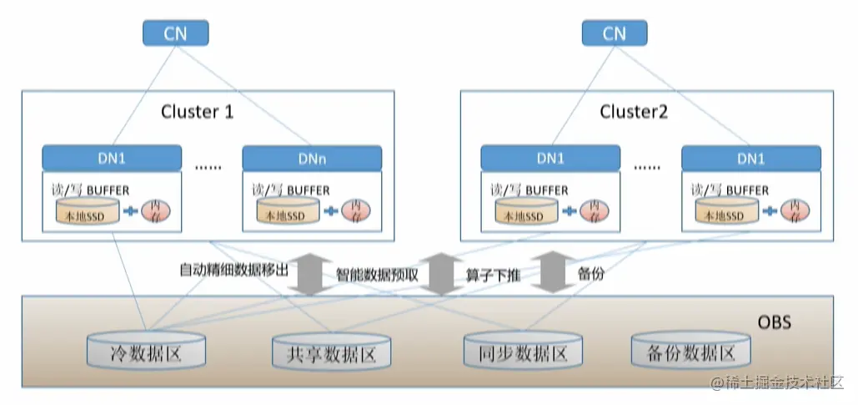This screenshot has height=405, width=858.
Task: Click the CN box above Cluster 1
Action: coord(174,33)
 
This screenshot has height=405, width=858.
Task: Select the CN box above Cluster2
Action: coord(614,33)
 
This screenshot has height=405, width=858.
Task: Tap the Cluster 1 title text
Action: coord(197,111)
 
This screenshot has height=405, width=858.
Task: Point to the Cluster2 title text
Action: coord(634,111)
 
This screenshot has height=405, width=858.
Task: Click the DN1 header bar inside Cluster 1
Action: coord(112,157)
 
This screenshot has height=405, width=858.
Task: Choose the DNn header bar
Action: coord(312,157)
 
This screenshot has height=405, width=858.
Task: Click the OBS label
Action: coord(775,322)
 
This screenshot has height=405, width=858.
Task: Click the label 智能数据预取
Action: coord(382,273)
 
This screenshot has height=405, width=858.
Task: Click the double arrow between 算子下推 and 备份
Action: coord(549,272)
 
